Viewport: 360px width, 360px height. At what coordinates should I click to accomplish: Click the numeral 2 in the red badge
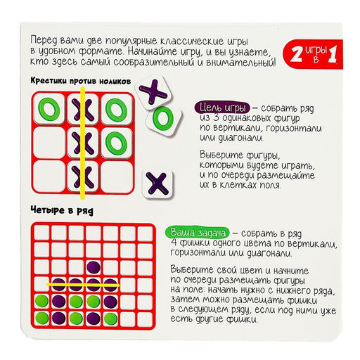293,54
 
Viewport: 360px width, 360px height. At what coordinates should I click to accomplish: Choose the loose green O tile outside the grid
164,118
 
